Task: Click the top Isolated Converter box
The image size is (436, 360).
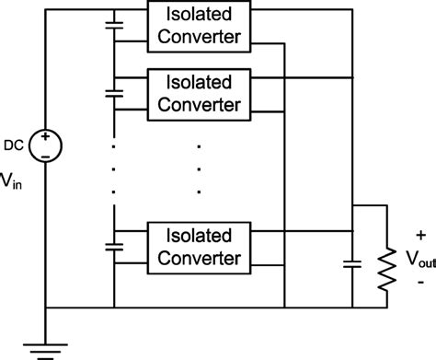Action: click(198, 25)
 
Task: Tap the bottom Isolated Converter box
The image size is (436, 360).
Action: click(198, 244)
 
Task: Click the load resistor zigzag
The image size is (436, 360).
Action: click(387, 262)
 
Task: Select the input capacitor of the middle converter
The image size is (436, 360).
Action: click(115, 93)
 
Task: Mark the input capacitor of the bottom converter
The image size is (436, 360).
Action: click(115, 246)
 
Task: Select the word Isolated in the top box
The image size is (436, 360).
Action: click(198, 15)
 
